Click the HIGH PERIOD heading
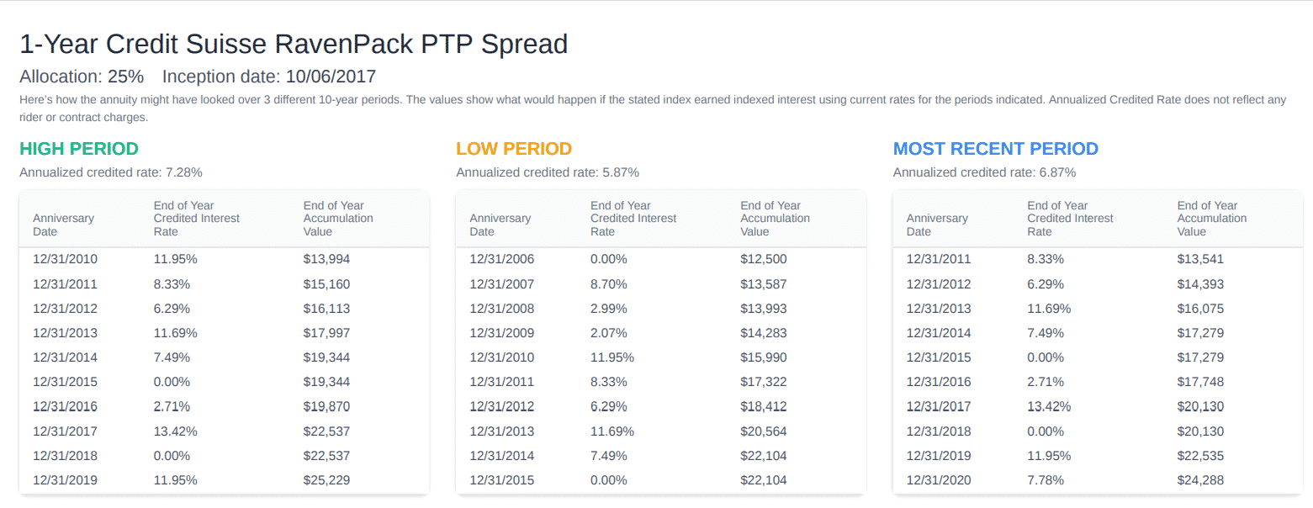79,149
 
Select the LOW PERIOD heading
514,149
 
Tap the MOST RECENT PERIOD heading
995,149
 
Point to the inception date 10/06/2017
331,77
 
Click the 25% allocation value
126,77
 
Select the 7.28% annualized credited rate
184,172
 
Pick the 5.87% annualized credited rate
621,172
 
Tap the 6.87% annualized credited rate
1057,172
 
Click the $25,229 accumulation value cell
326,480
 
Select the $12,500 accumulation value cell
763,259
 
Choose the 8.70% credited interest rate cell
608,283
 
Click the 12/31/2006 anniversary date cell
502,259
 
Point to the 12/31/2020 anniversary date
939,480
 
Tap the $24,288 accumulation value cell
1200,480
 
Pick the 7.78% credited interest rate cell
1046,480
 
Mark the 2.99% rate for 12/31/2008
608,309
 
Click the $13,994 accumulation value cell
326,259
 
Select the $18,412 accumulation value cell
763,406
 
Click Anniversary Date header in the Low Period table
500,225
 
